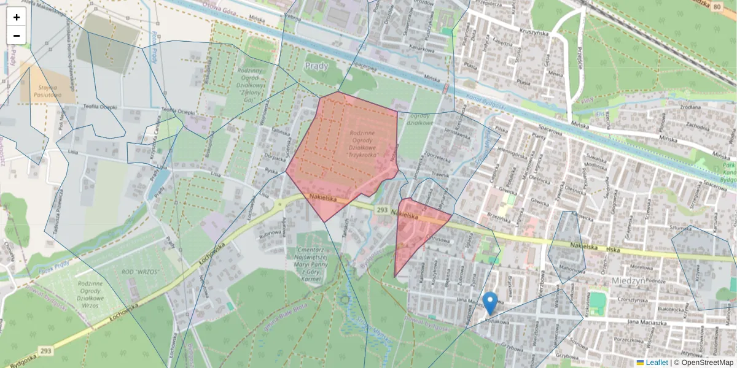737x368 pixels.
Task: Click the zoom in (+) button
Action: click(x=17, y=17)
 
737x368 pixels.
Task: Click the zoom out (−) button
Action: click(x=17, y=36)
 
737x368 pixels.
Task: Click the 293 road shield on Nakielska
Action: click(x=382, y=210)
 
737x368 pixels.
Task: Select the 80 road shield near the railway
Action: click(x=717, y=6)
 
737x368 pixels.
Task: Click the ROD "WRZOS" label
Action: click(x=141, y=270)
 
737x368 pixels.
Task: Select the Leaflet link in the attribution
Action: click(x=656, y=362)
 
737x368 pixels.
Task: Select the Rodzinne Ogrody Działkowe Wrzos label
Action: click(x=90, y=294)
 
